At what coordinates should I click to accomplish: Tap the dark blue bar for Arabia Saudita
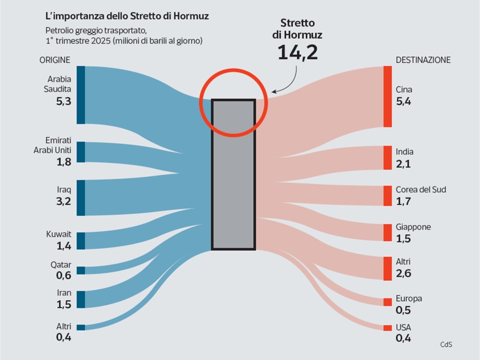[x=81, y=95]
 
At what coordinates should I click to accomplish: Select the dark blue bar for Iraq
[x=81, y=198]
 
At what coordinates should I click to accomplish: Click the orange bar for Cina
[x=387, y=96]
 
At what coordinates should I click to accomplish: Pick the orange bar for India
[x=387, y=158]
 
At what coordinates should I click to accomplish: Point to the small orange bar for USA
[x=387, y=328]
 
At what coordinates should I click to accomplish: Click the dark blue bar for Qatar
[x=81, y=270]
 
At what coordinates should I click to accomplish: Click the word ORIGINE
[x=55, y=60]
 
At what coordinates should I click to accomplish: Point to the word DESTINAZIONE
[x=423, y=60]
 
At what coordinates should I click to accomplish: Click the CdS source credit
[x=446, y=344]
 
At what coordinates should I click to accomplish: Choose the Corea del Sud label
[x=421, y=190]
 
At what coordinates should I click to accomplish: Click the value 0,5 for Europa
[x=404, y=310]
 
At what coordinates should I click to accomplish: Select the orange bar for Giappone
[x=387, y=232]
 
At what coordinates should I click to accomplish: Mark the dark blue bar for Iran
[x=81, y=299]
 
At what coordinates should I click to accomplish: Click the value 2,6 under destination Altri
[x=404, y=274]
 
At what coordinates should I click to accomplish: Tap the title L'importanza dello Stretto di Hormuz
[x=126, y=17]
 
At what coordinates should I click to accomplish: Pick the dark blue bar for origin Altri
[x=81, y=327]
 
